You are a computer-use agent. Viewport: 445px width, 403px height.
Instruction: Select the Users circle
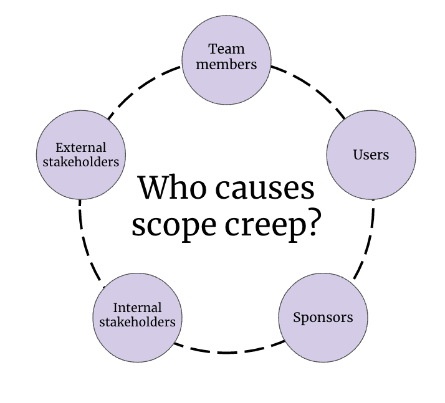coord(371,154)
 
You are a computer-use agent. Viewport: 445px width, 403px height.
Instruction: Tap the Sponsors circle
coord(322,318)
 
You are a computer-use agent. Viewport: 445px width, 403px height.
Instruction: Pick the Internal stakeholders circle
coord(137,316)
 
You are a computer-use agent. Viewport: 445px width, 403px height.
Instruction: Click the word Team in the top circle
coord(226,49)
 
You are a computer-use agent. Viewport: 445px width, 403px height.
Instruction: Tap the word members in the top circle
coord(226,64)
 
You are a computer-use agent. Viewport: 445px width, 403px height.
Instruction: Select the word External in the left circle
coord(81,148)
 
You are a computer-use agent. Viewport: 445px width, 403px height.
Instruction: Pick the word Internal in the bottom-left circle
coord(137,308)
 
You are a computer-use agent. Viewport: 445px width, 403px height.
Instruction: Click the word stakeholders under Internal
coord(137,323)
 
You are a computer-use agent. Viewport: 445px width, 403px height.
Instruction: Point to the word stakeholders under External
coord(81,163)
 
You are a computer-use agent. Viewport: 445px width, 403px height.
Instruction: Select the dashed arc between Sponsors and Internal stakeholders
coord(227,351)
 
